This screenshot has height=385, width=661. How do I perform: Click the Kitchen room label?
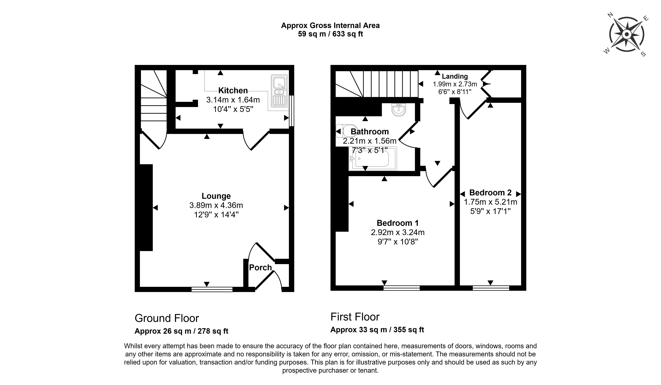click(x=233, y=91)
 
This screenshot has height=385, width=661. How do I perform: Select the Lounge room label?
click(x=216, y=196)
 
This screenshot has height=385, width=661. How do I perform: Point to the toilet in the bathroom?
click(x=347, y=131)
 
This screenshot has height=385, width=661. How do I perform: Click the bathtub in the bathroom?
click(x=373, y=159)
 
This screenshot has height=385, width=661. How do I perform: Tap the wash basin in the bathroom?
click(x=399, y=109)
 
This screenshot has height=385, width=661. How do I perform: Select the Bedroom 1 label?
click(x=397, y=223)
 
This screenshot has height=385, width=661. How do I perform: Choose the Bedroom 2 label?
click(x=490, y=192)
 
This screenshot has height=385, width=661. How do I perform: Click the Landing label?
click(x=455, y=76)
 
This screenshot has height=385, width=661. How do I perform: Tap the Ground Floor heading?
click(x=167, y=318)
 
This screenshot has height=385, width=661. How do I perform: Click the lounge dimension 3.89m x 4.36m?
click(x=216, y=205)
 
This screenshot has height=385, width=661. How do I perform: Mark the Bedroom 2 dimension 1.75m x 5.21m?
click(x=490, y=202)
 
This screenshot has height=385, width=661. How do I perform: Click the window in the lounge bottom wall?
click(x=212, y=289)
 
